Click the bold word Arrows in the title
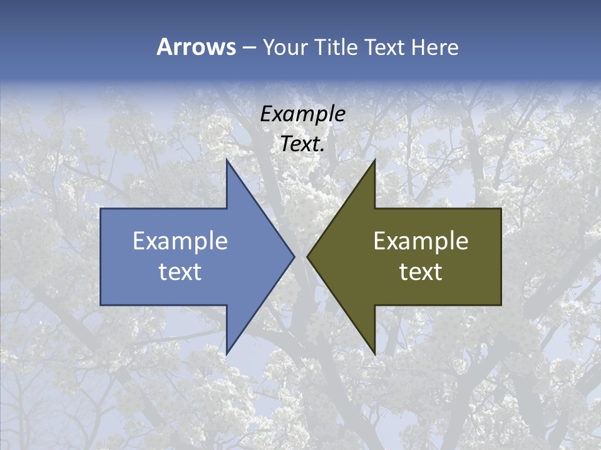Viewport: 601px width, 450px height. point(196,47)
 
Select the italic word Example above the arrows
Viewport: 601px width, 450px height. point(303,114)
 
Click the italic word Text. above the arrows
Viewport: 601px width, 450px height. point(303,144)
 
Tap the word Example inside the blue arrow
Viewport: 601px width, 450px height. point(180,241)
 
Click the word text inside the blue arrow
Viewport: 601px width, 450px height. point(180,271)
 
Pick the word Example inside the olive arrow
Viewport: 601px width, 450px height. point(421,241)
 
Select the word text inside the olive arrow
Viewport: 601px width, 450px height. point(421,271)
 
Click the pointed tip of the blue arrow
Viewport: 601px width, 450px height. point(294,256)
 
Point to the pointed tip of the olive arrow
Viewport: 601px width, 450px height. point(307,256)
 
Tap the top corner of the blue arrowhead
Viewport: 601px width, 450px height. point(227,160)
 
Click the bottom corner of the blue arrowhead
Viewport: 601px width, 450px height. point(227,354)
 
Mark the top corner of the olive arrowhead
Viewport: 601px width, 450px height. point(374,160)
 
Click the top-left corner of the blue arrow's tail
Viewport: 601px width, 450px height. point(101,209)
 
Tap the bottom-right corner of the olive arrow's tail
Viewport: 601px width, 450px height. point(501,305)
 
